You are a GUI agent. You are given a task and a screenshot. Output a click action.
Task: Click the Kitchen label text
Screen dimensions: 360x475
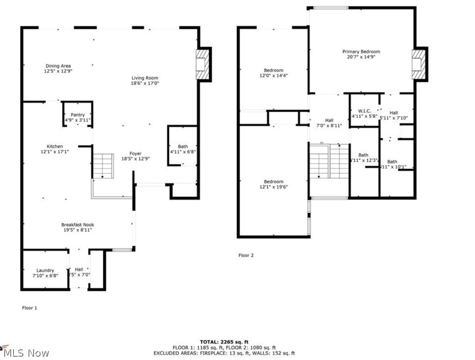(x=55, y=146)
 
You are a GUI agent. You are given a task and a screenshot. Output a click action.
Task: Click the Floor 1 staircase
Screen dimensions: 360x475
(x=103, y=166)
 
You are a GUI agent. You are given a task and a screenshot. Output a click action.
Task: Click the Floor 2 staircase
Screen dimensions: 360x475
(x=328, y=161)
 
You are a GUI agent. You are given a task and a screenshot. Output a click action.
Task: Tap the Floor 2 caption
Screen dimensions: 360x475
(x=246, y=256)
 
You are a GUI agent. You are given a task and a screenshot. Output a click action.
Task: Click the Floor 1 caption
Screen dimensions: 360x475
(x=30, y=308)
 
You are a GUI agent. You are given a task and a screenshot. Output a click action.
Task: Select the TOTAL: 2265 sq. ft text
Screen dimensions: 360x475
(x=224, y=342)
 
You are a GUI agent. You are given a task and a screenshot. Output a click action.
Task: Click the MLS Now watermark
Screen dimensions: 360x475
(x=26, y=353)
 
